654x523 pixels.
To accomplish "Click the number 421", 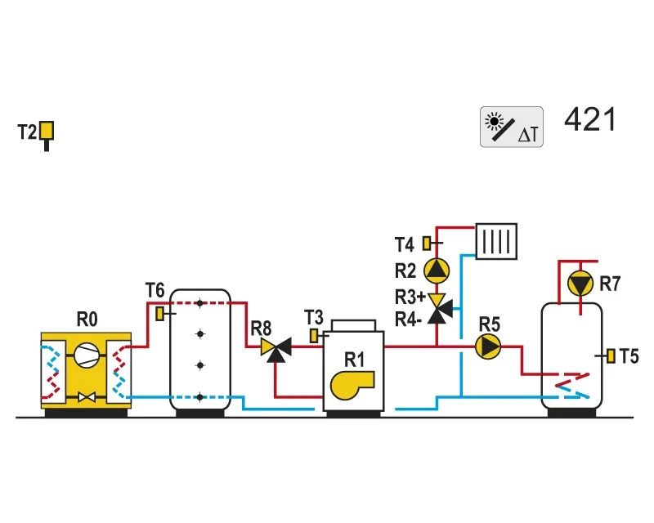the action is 589,119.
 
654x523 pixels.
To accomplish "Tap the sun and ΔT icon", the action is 512,127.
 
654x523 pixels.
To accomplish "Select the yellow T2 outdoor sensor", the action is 47,136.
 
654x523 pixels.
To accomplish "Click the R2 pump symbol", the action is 437,270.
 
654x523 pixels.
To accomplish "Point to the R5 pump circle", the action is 488,346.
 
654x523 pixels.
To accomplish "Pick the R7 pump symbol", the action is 580,284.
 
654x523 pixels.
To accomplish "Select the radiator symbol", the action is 496,242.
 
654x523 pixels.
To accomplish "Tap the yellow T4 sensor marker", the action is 427,244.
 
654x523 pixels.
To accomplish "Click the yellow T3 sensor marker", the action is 314,336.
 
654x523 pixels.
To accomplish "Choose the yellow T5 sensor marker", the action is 611,355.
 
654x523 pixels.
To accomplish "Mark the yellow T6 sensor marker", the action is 159,314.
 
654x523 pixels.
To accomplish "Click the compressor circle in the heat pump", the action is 87,355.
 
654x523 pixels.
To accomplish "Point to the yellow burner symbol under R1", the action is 352,385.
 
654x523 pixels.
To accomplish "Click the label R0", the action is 87,320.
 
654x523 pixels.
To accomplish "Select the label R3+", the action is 410,297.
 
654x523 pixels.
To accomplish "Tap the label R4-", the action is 408,320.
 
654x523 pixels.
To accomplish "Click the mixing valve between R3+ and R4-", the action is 439,309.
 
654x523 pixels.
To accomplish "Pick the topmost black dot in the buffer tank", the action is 200,303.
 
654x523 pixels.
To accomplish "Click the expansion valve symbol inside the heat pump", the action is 87,397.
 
